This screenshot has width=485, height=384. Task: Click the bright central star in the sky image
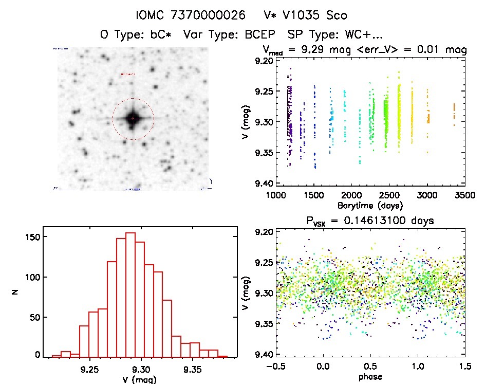(x=133, y=118)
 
